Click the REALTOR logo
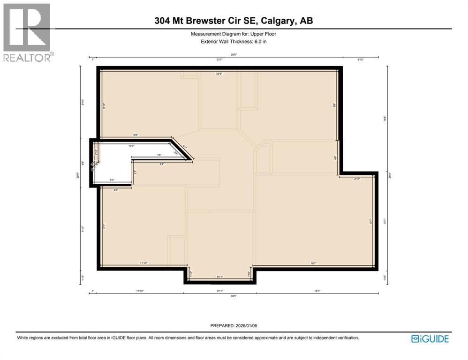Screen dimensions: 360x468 coord(27,33)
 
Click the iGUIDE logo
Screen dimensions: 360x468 coord(430,338)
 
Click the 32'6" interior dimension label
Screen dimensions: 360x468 coord(219,74)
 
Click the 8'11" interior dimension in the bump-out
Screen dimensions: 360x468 coord(219,277)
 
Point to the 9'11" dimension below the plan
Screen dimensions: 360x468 coord(219,291)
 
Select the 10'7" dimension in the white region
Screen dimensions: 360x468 coord(132,146)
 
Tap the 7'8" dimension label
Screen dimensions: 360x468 coord(159,155)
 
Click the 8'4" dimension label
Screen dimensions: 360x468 coord(162,164)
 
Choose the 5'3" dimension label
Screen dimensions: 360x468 coord(113,180)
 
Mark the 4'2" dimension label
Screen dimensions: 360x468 coord(116,190)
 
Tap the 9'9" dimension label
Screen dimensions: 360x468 coord(136,135)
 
